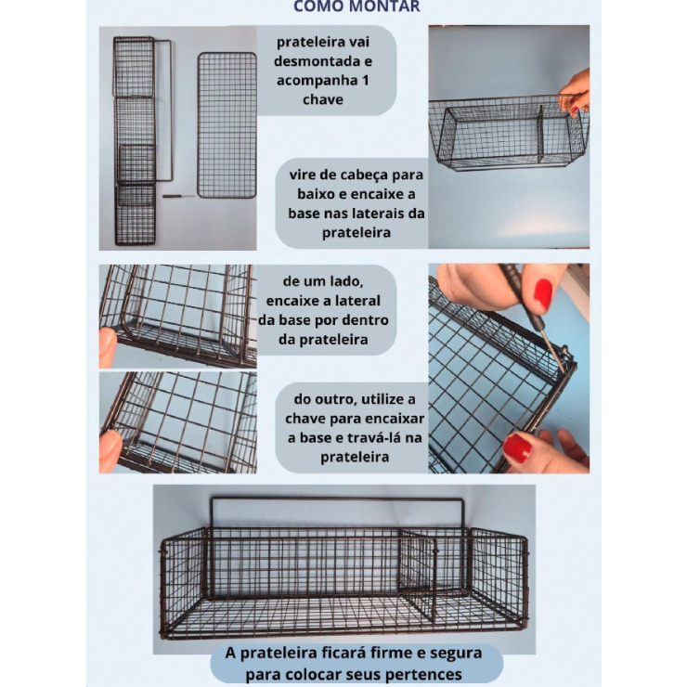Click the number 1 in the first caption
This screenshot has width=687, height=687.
[x=366, y=81]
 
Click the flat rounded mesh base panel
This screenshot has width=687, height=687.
[x=227, y=125]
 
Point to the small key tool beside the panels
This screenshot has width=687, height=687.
[x=179, y=196]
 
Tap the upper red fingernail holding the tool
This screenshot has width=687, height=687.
[x=543, y=294]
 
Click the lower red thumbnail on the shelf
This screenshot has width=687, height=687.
[x=517, y=447]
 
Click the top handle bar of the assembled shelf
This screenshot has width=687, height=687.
[x=337, y=499]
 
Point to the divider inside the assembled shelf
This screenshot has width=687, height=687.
[x=417, y=574]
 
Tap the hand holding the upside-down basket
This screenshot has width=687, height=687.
[x=575, y=93]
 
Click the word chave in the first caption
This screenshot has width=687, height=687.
[x=323, y=100]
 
